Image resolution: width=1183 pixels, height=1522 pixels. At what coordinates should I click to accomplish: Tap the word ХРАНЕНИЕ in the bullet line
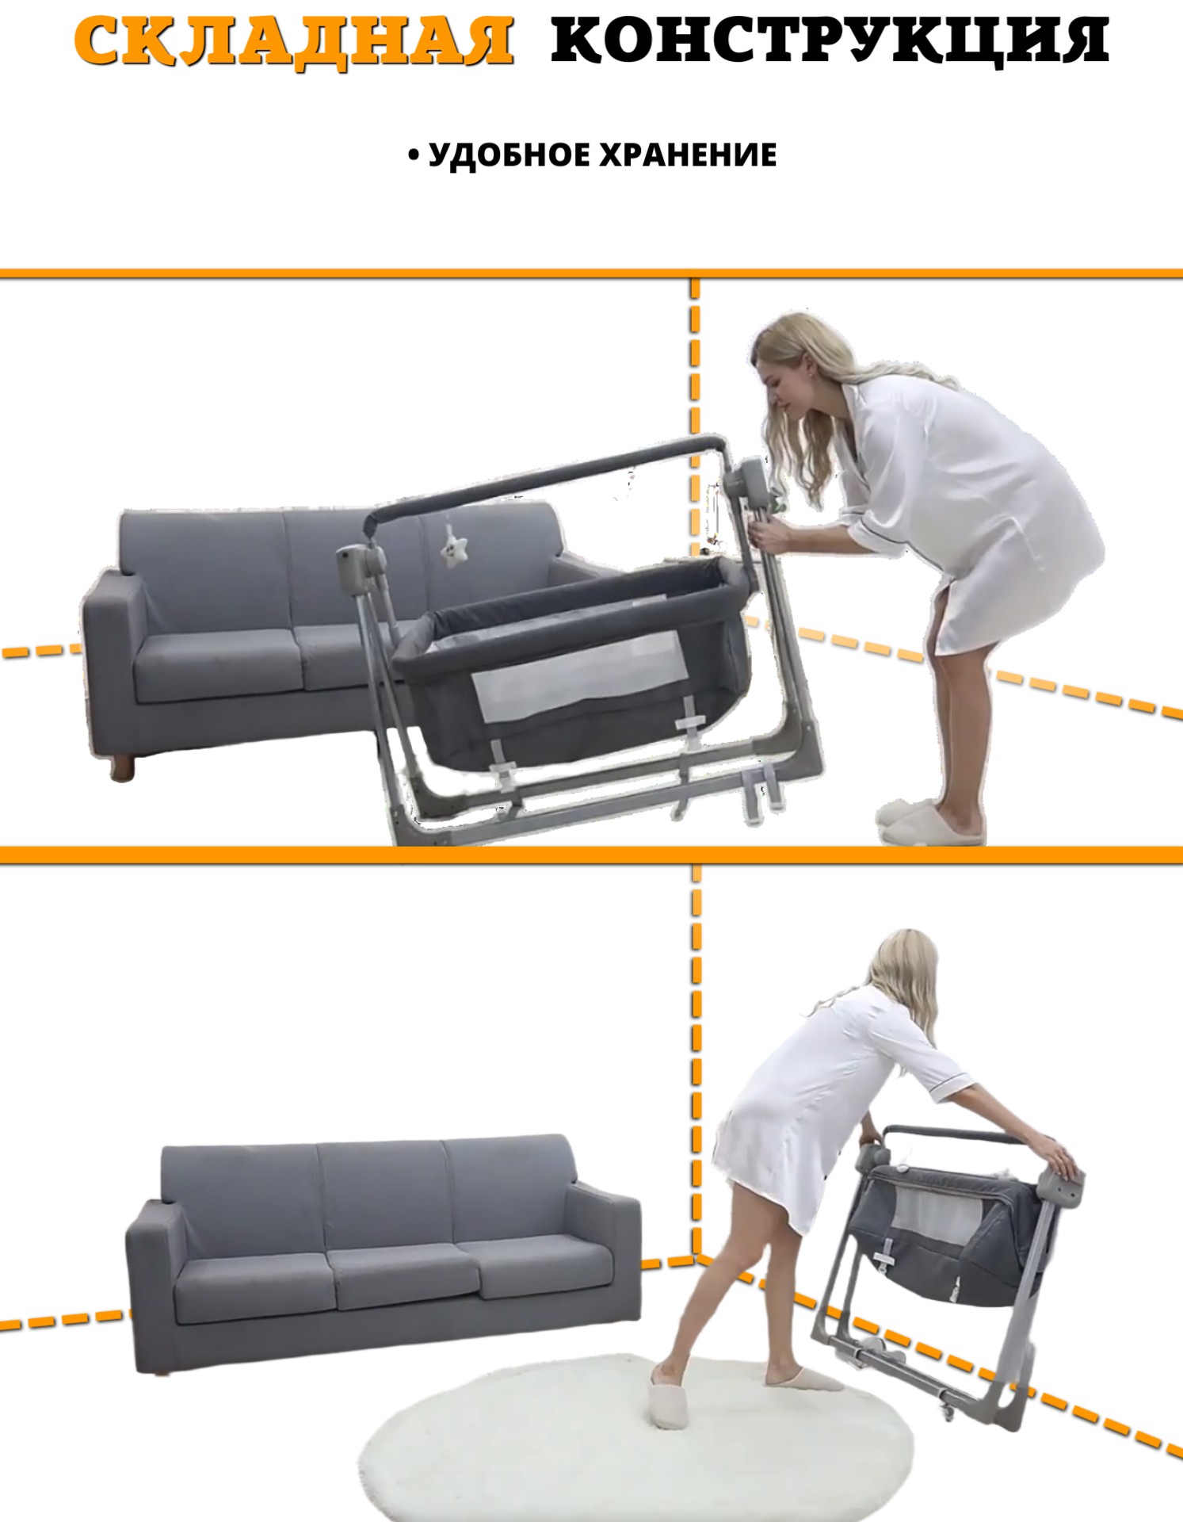point(687,155)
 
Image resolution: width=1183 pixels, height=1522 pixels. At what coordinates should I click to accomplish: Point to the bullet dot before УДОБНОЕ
point(413,156)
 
